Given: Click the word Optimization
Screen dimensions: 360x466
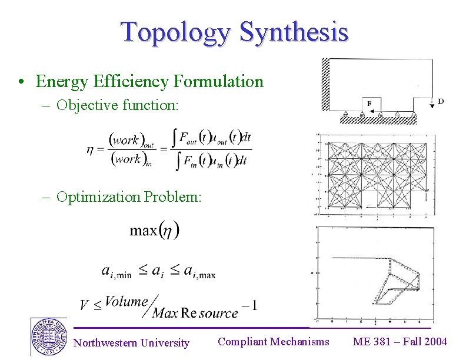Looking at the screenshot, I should tap(96, 196).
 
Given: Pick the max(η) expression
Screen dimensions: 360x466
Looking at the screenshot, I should tap(155, 229).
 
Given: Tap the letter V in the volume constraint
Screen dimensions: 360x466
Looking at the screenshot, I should tap(84, 305).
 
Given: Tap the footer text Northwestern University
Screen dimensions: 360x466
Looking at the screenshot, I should tap(131, 342).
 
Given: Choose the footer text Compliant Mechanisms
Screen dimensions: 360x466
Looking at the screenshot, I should tap(273, 341).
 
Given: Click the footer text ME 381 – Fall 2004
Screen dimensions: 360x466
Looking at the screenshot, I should tap(400, 341).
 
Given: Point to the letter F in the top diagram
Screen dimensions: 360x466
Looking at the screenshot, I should tap(370, 104).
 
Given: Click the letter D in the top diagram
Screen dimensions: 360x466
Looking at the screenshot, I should tap(441, 101).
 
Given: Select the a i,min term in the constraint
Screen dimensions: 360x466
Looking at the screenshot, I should tap(116, 271).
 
